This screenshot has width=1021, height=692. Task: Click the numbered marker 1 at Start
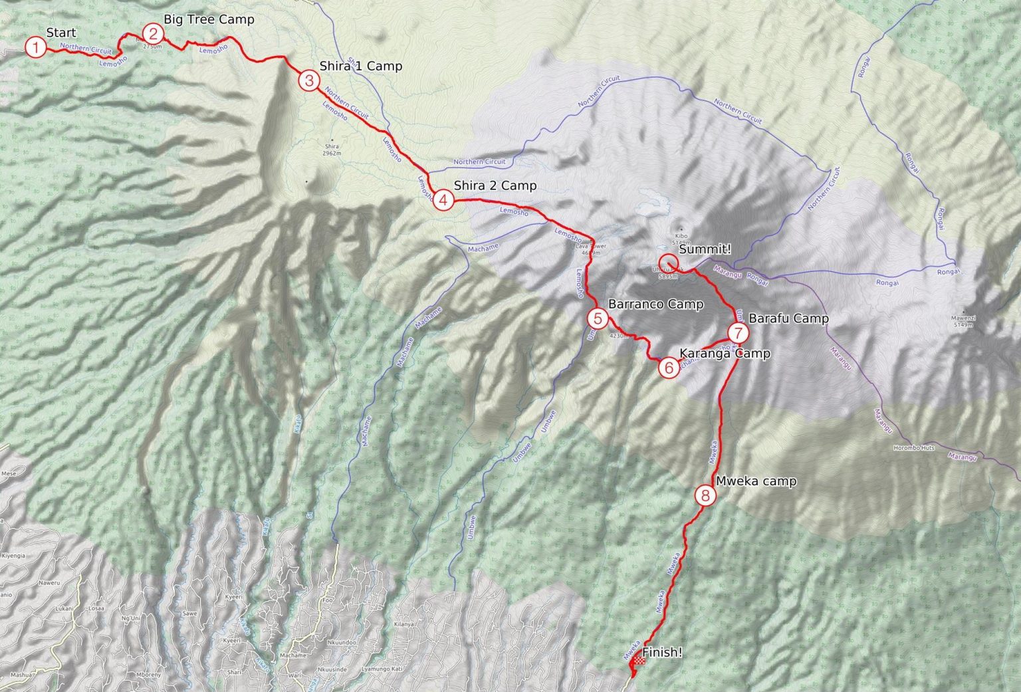35,47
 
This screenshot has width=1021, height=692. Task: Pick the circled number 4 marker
443,199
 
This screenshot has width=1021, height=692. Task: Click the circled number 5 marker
598,319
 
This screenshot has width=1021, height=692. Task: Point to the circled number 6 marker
669,367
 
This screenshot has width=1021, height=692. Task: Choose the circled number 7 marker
738,332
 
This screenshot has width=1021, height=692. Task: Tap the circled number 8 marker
705,495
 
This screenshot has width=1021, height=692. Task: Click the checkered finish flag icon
638,659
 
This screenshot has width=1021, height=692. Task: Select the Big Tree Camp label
209,19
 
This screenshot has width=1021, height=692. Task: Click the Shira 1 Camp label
360,66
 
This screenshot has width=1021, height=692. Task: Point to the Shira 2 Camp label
495,185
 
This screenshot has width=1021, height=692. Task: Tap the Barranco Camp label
655,304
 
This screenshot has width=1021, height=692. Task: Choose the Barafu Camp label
788,318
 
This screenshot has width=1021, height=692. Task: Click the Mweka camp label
756,481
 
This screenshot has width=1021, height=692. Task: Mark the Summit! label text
705,249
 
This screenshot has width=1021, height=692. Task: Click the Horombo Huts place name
914,448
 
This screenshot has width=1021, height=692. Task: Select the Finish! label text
662,652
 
